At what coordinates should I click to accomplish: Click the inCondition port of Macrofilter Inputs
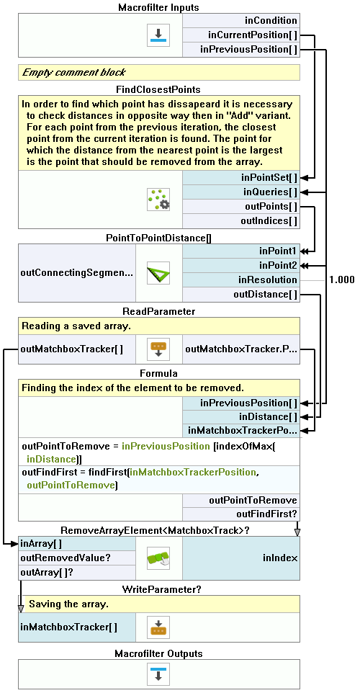tap(241, 20)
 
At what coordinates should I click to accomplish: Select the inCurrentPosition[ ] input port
tap(241, 35)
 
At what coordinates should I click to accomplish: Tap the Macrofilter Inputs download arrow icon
tap(158, 35)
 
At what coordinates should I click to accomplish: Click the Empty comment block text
tap(73, 73)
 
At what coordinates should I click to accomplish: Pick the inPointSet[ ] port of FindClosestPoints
tap(241, 178)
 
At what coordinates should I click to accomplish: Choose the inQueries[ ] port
tap(241, 192)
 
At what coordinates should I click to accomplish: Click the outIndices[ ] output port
tap(241, 220)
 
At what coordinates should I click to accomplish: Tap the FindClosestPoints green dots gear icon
tap(158, 200)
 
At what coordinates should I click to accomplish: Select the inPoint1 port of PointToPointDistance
tap(241, 251)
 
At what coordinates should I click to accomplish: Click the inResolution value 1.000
tap(341, 280)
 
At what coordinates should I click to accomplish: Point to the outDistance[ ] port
tap(241, 295)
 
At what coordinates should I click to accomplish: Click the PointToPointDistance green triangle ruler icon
tap(158, 273)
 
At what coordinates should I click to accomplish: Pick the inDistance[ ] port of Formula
tap(241, 417)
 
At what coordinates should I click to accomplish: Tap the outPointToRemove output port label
tap(253, 501)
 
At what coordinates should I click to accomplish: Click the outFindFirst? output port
tap(241, 514)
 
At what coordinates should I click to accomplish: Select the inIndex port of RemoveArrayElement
tap(241, 558)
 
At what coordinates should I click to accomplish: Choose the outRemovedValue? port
tap(77, 558)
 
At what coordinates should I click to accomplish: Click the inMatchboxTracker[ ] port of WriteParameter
tap(77, 627)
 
